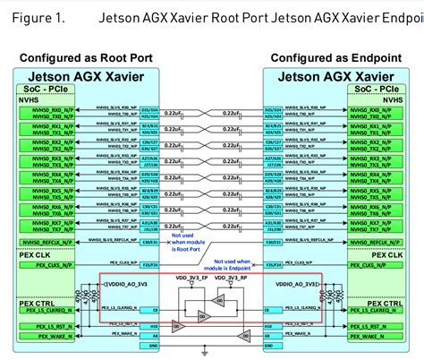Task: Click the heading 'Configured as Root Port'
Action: [86, 57]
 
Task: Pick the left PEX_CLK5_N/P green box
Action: [45, 265]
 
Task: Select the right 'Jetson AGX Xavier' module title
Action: [335, 76]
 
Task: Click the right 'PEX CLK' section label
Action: [386, 254]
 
